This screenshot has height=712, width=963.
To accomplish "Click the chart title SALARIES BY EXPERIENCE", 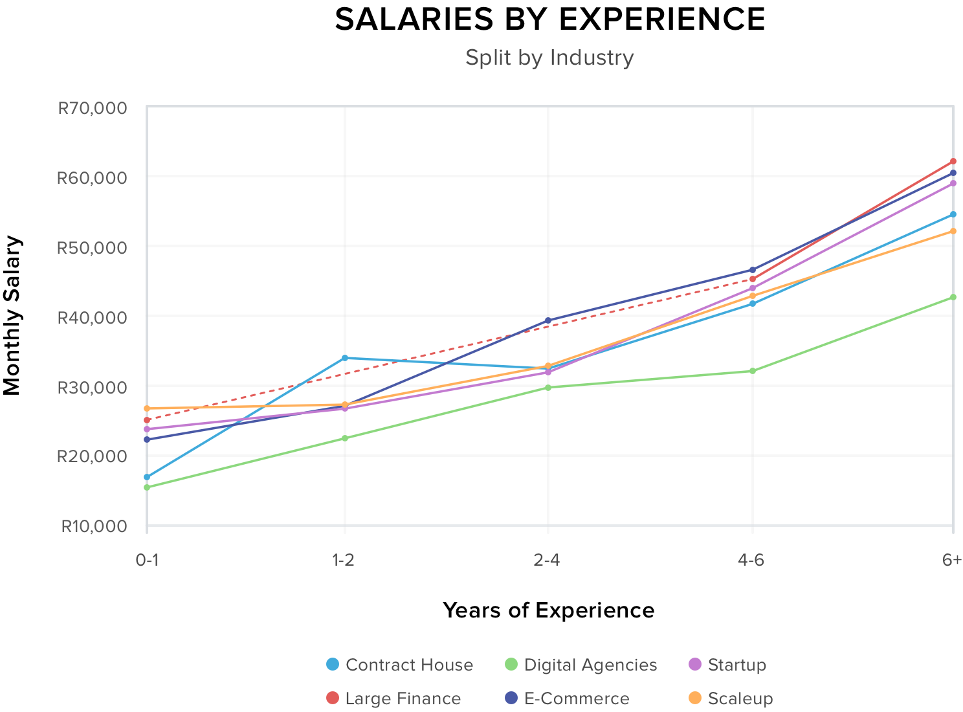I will [549, 19].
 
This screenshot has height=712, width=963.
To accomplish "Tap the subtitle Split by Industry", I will [549, 58].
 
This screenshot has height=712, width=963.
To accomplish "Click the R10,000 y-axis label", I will [94, 526].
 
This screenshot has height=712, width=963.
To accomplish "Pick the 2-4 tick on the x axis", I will [548, 561].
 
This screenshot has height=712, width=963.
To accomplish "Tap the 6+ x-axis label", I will [952, 561].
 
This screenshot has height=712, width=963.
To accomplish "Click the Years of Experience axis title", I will [548, 610].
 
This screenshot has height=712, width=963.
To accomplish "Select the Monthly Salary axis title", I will [12, 316].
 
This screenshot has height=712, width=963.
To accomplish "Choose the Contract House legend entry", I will [399, 665].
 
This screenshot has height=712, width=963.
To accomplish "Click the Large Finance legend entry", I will [393, 698].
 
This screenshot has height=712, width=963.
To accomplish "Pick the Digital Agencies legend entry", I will [581, 665].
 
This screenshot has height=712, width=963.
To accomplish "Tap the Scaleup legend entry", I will [730, 698].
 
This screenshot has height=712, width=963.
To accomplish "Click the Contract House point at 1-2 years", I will [345, 358].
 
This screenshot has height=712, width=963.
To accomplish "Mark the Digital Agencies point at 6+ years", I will [953, 297].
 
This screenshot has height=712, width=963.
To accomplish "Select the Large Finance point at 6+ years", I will [953, 161].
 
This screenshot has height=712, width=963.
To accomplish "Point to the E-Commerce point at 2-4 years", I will [548, 320].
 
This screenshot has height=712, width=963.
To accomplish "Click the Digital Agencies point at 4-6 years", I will [752, 371].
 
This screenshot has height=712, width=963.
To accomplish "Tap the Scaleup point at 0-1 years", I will [147, 408].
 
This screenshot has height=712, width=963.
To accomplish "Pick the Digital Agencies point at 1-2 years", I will [345, 438].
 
